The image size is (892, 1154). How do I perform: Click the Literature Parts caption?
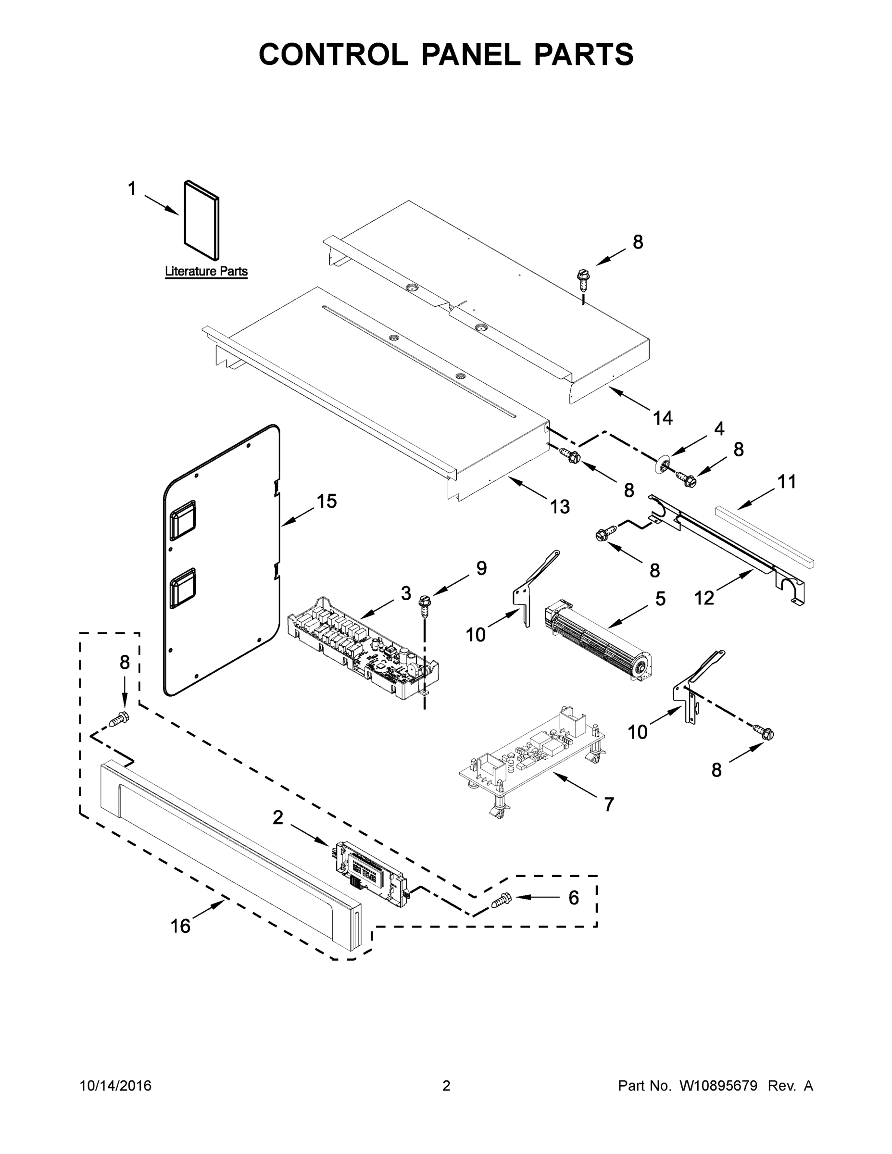(206, 272)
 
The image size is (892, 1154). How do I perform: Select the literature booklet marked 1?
(201, 220)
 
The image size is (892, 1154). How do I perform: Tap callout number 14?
(663, 418)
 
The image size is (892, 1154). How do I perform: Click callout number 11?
(786, 482)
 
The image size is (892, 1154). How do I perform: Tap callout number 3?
(405, 593)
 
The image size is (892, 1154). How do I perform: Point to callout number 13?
(560, 506)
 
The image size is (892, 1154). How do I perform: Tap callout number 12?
(704, 598)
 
